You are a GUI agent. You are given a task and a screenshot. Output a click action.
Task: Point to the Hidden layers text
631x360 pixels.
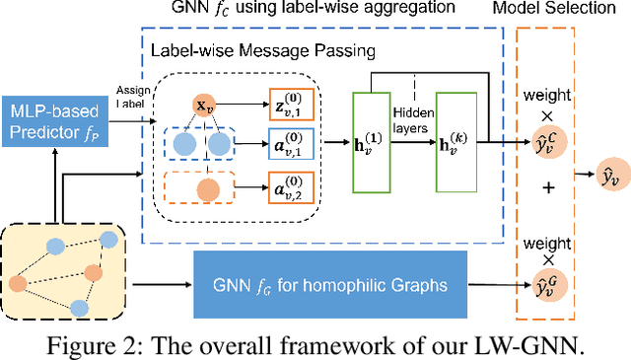pyautogui.click(x=413, y=120)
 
